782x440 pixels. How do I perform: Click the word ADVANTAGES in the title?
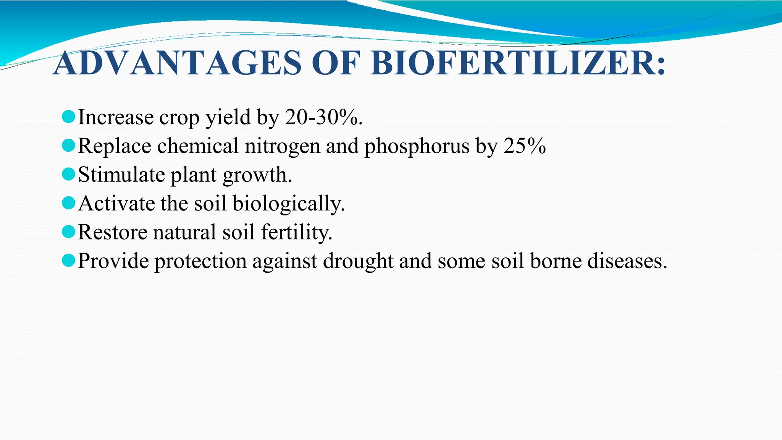tap(178, 63)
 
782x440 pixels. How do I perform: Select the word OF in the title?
tap(336, 63)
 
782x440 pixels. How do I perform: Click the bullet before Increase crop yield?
tap(68, 116)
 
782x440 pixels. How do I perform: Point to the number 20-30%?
tap(323, 117)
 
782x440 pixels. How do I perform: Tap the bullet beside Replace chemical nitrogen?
tap(68, 146)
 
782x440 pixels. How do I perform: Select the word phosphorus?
tap(417, 146)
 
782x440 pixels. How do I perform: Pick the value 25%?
tap(525, 146)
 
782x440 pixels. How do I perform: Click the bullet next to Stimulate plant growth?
tap(68, 174)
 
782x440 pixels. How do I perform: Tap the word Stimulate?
tap(121, 175)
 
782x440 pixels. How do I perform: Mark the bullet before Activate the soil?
tap(68, 203)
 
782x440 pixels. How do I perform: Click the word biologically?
tap(288, 204)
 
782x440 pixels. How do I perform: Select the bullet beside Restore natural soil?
tap(68, 232)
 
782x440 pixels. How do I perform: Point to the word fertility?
tap(296, 232)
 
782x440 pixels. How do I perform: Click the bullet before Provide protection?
tap(68, 261)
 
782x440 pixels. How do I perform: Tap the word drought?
tap(358, 261)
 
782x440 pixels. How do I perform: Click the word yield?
tap(228, 118)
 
